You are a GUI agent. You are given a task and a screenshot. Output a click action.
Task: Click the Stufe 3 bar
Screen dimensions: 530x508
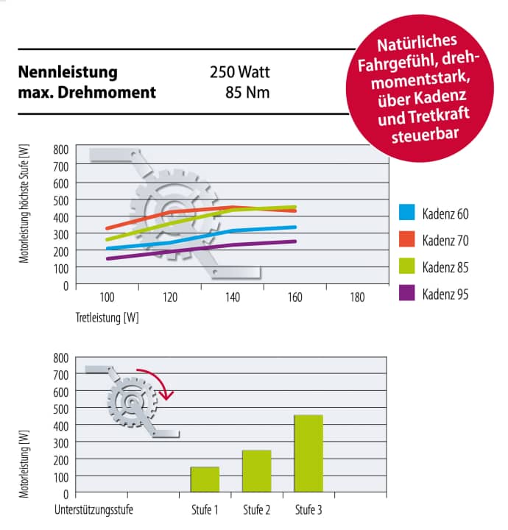pyautogui.click(x=308, y=453)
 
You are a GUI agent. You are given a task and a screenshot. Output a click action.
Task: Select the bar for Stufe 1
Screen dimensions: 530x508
pyautogui.click(x=205, y=478)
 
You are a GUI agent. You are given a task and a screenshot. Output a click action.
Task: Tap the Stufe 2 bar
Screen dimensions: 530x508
pyautogui.click(x=256, y=470)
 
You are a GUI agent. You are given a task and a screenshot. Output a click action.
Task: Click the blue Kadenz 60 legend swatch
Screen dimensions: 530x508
pyautogui.click(x=407, y=213)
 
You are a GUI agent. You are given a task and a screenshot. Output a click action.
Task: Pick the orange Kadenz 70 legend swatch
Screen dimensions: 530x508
pyautogui.click(x=407, y=239)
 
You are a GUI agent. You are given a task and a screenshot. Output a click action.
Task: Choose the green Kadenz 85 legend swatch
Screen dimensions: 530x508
pyautogui.click(x=407, y=266)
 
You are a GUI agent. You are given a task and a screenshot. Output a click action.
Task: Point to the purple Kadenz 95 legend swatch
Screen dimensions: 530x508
pyautogui.click(x=407, y=293)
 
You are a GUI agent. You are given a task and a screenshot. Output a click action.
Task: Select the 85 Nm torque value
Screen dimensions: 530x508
pyautogui.click(x=249, y=93)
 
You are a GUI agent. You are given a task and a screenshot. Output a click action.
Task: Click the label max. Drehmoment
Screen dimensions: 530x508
pyautogui.click(x=87, y=93)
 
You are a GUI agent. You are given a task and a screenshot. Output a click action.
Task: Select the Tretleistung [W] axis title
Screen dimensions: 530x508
pyautogui.click(x=107, y=319)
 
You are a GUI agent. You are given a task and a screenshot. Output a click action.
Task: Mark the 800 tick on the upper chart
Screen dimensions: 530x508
pyautogui.click(x=60, y=149)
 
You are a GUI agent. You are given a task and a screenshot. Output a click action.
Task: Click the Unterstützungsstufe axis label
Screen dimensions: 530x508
pyautogui.click(x=94, y=509)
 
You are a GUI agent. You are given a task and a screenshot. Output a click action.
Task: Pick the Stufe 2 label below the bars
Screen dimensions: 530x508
pyautogui.click(x=257, y=509)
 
